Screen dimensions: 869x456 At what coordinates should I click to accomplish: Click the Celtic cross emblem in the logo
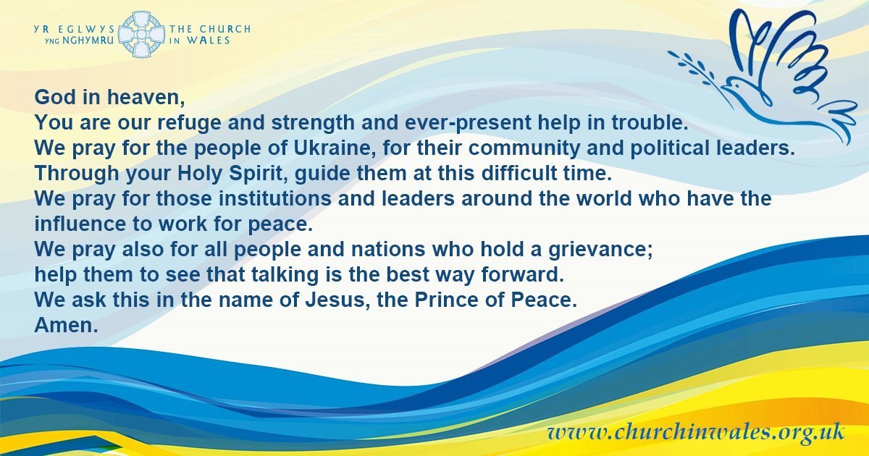pyautogui.click(x=140, y=34)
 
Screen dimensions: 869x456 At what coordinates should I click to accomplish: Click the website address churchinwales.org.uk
pyautogui.click(x=696, y=432)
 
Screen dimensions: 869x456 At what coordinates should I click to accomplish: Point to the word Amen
pyautogui.click(x=66, y=324)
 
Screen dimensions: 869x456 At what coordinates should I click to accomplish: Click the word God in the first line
pyautogui.click(x=55, y=96)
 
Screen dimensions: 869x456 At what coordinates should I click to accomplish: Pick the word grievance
pyautogui.click(x=600, y=249)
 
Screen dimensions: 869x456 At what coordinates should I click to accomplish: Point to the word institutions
pyautogui.click(x=275, y=198)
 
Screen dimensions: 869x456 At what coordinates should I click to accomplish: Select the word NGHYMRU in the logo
pyautogui.click(x=88, y=41)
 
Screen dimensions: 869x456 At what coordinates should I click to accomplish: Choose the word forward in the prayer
pyautogui.click(x=522, y=274)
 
